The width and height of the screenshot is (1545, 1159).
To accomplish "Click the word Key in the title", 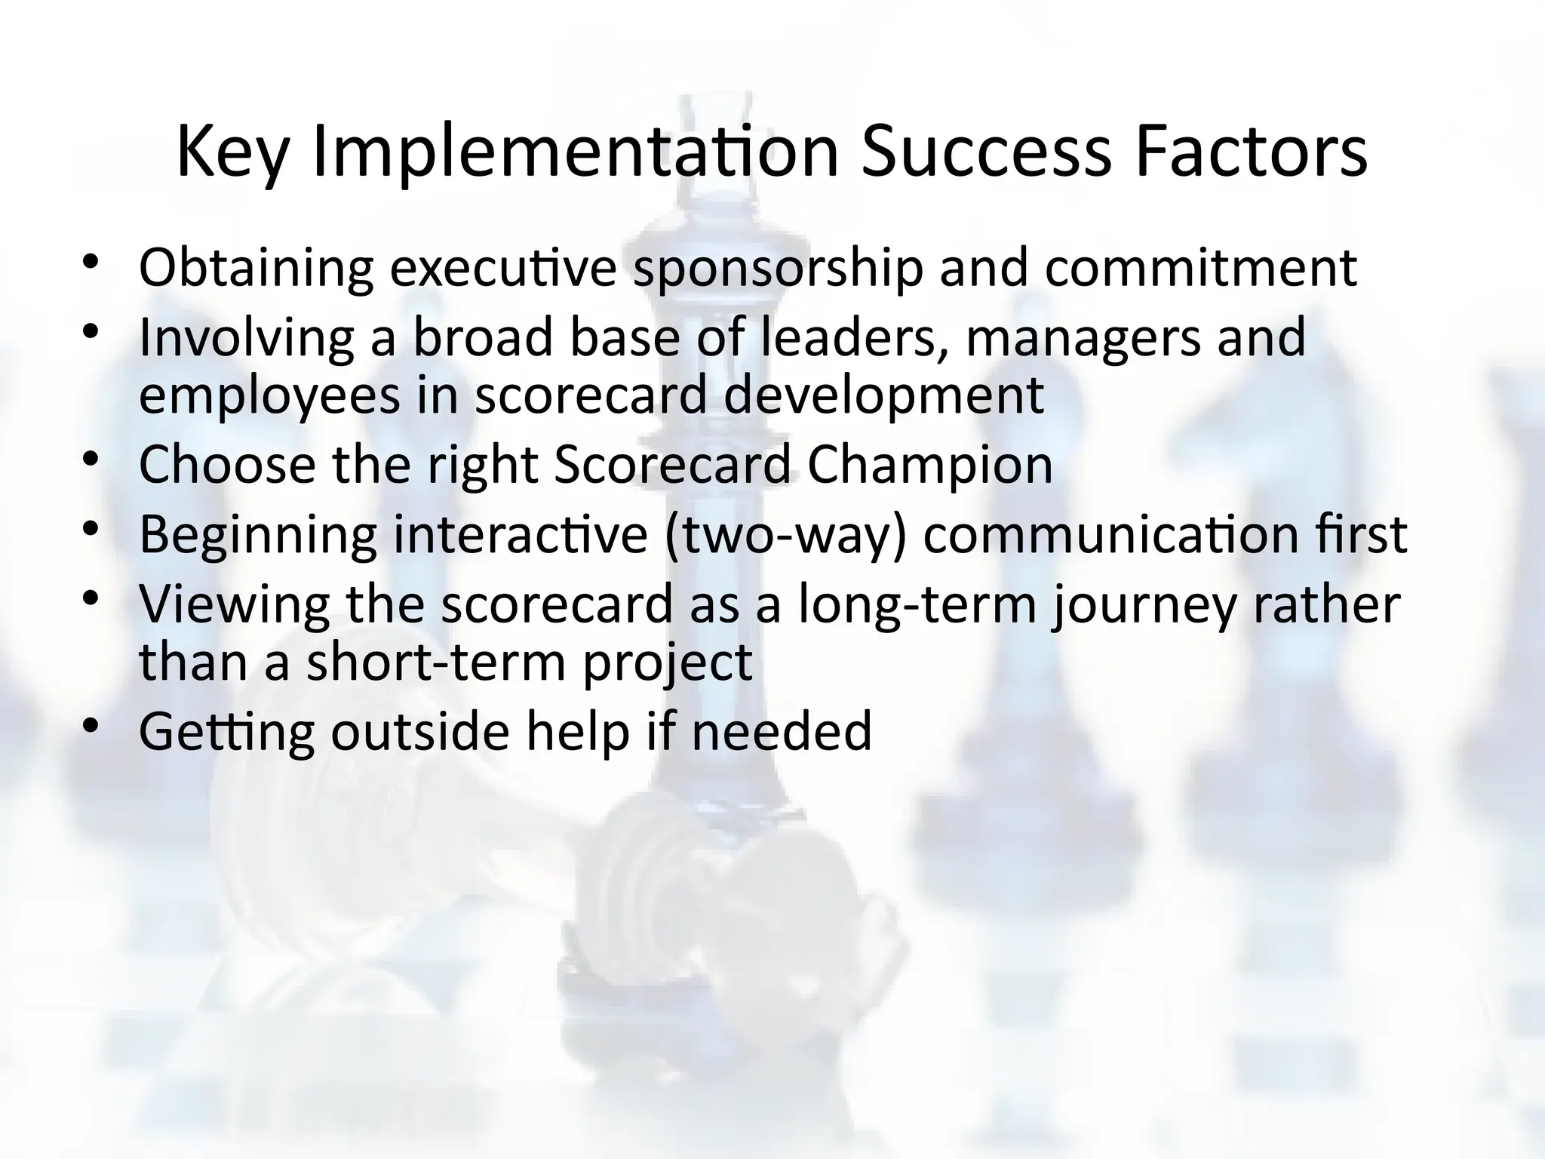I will click(x=232, y=153).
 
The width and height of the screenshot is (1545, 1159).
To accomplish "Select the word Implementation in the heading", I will click(x=575, y=153).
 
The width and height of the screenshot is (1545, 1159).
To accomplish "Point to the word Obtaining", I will click(x=256, y=268).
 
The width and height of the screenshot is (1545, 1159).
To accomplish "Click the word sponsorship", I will click(x=778, y=268).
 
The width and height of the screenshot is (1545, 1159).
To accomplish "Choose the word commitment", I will click(x=1200, y=268).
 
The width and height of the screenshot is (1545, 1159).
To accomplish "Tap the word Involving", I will click(x=246, y=337).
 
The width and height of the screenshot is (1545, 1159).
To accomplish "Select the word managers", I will click(x=1082, y=337).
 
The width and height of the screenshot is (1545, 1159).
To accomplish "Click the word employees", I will click(x=269, y=395).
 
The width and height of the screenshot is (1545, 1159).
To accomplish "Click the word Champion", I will click(x=929, y=465).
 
